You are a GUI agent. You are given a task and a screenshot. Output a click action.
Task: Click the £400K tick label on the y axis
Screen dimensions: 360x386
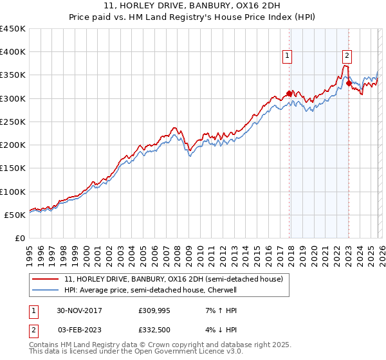pyautogui.click(x=13, y=52)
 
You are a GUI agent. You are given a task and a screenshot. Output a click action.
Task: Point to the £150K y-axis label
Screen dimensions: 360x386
pyautogui.click(x=13, y=168)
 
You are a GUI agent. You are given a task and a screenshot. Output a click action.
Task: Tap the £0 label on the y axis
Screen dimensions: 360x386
pyautogui.click(x=19, y=238)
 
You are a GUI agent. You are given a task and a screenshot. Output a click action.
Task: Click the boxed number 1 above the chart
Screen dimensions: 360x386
pyautogui.click(x=286, y=56)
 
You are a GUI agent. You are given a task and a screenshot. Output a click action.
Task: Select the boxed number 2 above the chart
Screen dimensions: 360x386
pyautogui.click(x=347, y=56)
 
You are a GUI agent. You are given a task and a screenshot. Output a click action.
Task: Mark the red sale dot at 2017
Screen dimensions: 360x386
pyautogui.click(x=289, y=93)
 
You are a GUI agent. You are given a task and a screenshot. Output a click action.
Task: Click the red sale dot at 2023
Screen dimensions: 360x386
pyautogui.click(x=349, y=83)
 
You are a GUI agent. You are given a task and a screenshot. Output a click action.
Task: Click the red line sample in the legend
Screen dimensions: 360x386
pyautogui.click(x=46, y=280)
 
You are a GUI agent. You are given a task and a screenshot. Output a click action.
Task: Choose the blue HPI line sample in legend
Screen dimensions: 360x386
pyautogui.click(x=46, y=290)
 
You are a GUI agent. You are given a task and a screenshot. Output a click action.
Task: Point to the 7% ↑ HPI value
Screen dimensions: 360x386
pyautogui.click(x=221, y=310)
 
